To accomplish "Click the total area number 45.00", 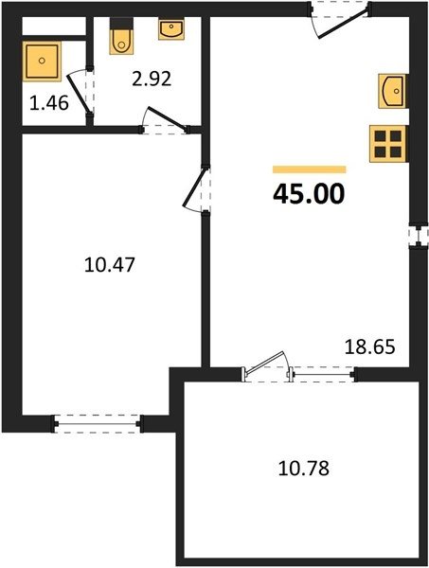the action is tap(309, 194).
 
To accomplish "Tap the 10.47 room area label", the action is tap(110, 264).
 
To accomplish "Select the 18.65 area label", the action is tap(369, 347).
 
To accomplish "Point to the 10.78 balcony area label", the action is tap(304, 468).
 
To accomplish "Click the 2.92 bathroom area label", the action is tap(152, 79).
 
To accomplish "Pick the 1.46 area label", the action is tap(49, 103).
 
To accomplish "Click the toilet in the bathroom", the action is tap(121, 36).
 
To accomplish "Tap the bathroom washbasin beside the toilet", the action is tap(171, 29).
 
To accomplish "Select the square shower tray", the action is tap(42, 61).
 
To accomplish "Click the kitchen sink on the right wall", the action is tap(393, 91).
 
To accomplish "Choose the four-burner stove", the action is tap(388, 144).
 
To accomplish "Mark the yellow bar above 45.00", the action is tap(310, 169).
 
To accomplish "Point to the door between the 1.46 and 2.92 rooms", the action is tap(80, 94).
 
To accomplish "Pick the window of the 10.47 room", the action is tap(98, 423).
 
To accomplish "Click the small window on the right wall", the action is tap(419, 236).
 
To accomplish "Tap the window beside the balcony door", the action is tap(323, 374).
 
